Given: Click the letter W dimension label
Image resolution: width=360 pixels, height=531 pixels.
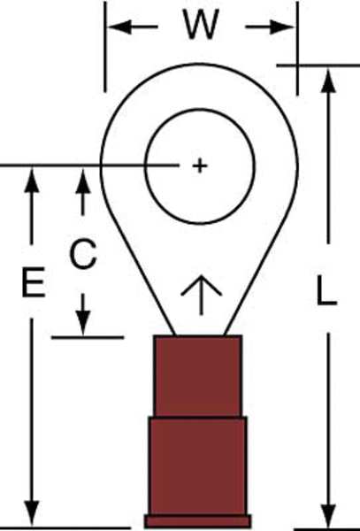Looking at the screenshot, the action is point(201,24).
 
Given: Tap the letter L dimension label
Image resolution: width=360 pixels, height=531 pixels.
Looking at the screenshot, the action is point(326,290).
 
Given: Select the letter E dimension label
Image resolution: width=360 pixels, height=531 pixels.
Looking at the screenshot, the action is point(34,282).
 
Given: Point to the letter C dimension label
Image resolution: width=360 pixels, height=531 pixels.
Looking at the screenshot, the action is point(83,254).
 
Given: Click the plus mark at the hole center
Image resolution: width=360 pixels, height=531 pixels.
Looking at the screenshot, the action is point(200,166).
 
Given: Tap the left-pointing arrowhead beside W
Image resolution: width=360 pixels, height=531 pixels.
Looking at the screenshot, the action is point(119,27).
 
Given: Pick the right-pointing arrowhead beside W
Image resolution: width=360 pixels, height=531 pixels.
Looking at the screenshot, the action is point(282,27).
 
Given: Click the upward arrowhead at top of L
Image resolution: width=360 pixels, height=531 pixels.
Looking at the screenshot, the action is point(328,81).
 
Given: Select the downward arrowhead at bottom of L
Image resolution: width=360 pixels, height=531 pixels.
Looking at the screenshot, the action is point(328,515).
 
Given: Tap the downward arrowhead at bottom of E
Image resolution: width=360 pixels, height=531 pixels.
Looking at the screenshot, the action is point(32,513).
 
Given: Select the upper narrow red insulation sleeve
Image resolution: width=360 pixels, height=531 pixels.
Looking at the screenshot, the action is point(198,376).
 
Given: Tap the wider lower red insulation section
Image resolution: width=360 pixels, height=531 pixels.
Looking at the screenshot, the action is point(197,466).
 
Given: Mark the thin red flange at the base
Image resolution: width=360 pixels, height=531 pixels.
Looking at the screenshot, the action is point(197,521).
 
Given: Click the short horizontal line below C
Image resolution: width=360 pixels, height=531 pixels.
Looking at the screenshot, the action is point(88,338).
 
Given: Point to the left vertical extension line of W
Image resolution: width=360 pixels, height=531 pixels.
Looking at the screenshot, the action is point(105,46).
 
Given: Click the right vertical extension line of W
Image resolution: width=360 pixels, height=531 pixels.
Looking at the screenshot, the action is point(297,48).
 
